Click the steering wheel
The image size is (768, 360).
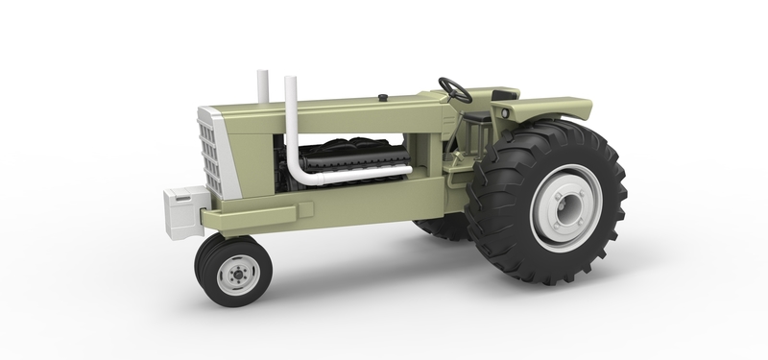(x=455, y=89)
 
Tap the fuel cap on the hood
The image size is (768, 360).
(x=383, y=97)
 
